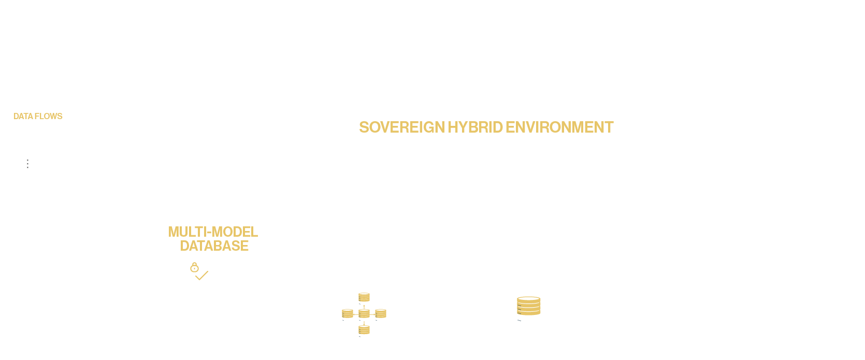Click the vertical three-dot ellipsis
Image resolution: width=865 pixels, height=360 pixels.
[x=27, y=164]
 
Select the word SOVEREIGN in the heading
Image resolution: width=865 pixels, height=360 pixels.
[x=401, y=127]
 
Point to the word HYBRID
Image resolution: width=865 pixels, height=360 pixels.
[x=475, y=127]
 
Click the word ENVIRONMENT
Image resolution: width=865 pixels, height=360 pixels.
[x=559, y=127]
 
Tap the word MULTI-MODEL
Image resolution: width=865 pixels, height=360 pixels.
[x=213, y=232]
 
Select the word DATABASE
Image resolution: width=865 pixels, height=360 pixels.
[x=214, y=246]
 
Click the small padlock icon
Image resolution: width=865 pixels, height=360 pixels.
[x=194, y=267]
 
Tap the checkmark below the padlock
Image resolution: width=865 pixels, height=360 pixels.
[x=201, y=276]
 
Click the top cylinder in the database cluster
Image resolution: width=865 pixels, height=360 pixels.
[x=364, y=297]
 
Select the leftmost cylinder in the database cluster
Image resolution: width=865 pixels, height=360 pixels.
[x=348, y=313]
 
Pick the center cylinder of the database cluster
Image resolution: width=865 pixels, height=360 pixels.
[x=364, y=313]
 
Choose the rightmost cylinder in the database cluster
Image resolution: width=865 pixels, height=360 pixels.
[x=381, y=313]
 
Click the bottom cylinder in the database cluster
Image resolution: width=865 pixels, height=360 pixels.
[x=364, y=330]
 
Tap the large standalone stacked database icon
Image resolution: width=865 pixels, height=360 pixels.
[x=529, y=306]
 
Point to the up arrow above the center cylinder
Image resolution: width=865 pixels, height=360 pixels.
[x=364, y=306]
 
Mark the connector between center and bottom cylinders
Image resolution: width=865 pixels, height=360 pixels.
[x=364, y=323]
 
